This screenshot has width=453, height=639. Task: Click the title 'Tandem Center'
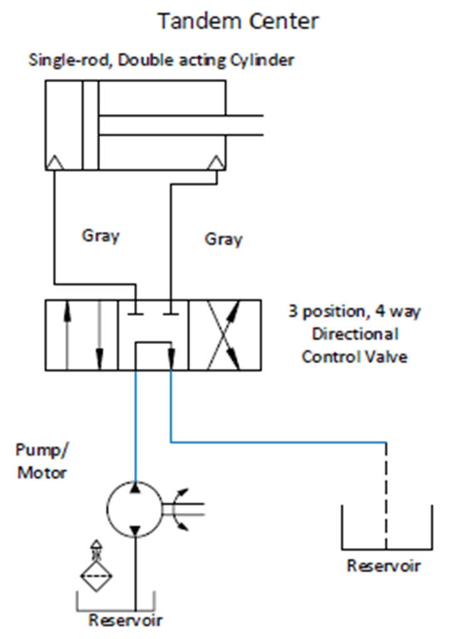coord(237,21)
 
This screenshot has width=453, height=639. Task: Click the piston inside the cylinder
coord(90,125)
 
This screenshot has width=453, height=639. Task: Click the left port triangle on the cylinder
coord(56,162)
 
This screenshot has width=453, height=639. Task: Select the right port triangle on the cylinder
coord(217,162)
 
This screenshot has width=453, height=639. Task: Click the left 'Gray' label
coord(100,236)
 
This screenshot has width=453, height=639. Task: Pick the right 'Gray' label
coord(224,239)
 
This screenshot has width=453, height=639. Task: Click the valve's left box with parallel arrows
coord(81,335)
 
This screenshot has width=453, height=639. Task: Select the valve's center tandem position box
coord(154,335)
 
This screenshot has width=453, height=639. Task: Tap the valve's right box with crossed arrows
coord(225,335)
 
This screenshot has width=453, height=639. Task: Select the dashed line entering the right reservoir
coord(386,495)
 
